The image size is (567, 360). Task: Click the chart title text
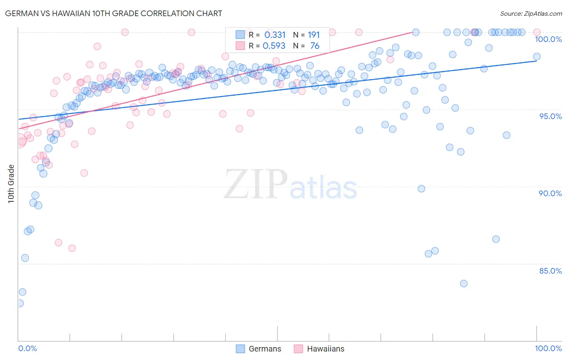click(114, 13)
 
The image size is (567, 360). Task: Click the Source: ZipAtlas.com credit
click(531, 13)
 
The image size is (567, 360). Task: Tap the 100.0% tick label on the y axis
click(548, 39)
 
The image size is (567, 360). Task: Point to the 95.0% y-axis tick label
click(550, 116)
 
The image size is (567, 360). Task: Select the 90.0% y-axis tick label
click(550, 193)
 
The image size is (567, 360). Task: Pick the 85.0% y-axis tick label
click(550, 271)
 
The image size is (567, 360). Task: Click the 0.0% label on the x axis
click(27, 348)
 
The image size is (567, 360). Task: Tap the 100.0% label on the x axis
click(548, 348)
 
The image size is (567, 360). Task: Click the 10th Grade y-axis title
click(11, 184)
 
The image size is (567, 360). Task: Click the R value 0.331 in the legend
click(275, 35)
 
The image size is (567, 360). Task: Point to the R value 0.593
click(274, 46)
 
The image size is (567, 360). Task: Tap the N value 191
click(313, 35)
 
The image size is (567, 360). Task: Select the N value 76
click(315, 46)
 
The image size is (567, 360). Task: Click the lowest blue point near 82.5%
click(19, 303)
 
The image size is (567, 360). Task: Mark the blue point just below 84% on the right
click(464, 283)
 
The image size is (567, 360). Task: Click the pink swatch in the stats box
click(240, 46)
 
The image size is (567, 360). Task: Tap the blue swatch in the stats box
click(240, 35)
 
